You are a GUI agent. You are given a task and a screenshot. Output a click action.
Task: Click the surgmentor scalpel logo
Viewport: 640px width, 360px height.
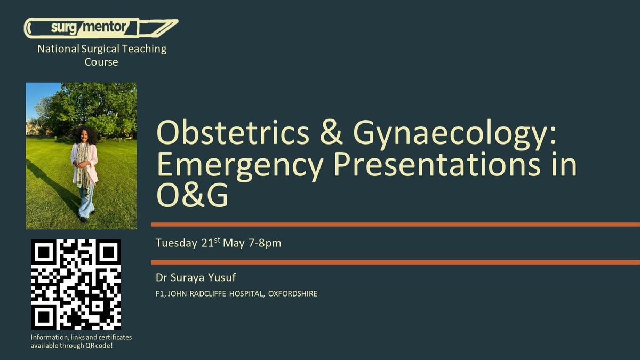pos(101,28)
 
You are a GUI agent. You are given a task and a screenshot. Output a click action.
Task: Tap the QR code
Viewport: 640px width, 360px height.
pos(76,284)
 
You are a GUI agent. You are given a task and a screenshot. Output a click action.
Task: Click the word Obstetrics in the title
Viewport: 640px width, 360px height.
pos(233,133)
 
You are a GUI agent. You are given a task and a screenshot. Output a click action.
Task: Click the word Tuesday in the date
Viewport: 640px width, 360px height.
pos(177,243)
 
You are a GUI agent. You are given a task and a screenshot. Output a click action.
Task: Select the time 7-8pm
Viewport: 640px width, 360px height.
pos(265,243)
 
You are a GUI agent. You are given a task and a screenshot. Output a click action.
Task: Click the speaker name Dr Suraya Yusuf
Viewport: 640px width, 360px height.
pos(196,277)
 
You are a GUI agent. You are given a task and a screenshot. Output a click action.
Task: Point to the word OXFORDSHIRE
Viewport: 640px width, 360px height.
pos(293,294)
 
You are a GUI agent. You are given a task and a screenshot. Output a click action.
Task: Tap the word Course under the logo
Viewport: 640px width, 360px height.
pos(101,62)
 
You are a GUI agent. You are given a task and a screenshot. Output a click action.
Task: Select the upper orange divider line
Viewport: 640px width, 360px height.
pos(395,225)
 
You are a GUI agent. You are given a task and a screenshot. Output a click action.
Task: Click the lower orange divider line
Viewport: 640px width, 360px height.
pos(395,262)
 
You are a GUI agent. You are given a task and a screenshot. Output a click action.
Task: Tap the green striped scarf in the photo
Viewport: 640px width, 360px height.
pos(83,169)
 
